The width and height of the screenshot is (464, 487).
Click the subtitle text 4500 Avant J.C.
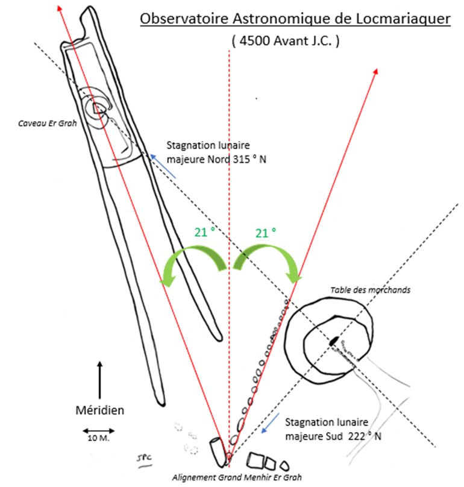tap(286, 42)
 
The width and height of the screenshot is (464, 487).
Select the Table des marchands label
tap(370, 290)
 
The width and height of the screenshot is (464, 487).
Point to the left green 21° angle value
tap(204, 232)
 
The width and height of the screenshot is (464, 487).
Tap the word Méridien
tap(99, 410)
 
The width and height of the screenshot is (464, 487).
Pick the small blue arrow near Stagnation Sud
tap(270, 424)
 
